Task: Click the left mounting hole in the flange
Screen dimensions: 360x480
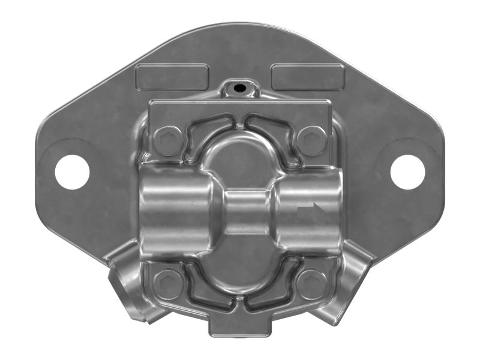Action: pyautogui.click(x=72, y=172)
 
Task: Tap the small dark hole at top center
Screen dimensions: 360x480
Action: pyautogui.click(x=239, y=88)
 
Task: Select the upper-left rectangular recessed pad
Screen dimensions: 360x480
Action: pyautogui.click(x=172, y=77)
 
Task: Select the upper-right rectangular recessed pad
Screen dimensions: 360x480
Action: pyautogui.click(x=308, y=77)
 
